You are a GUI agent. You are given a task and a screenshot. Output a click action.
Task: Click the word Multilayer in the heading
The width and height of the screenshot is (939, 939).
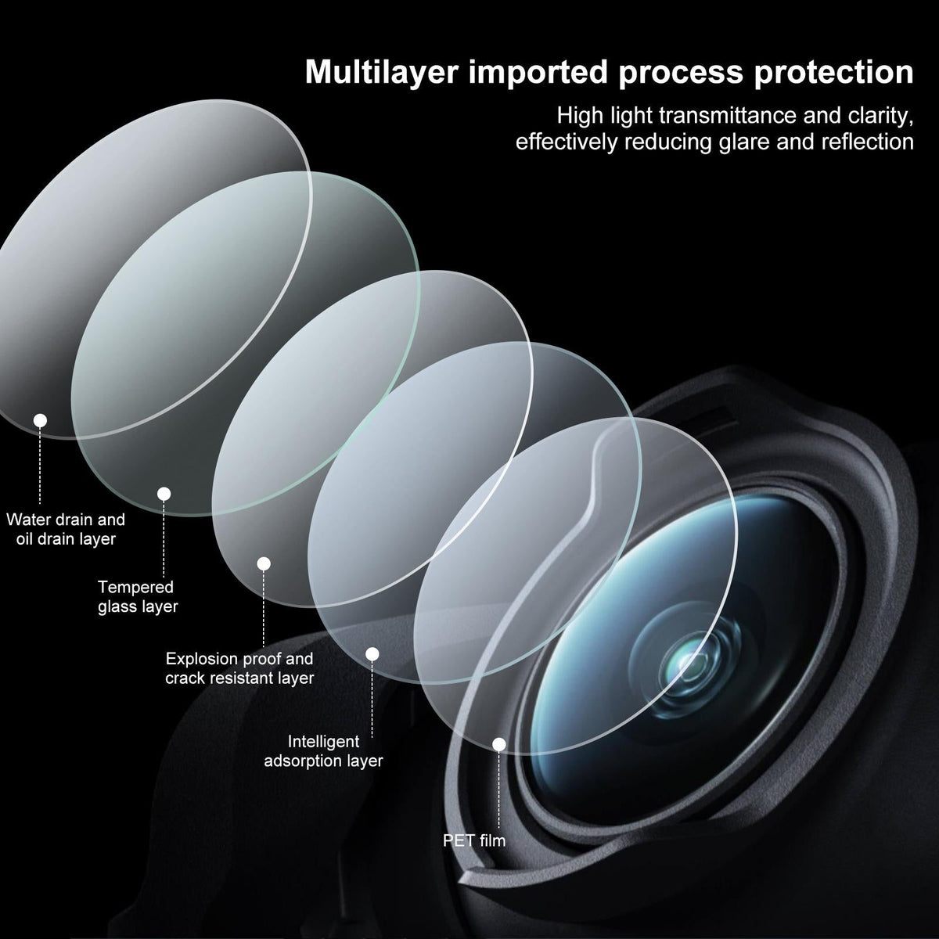[382, 73]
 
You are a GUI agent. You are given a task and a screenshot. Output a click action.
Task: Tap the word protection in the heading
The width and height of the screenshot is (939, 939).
[833, 73]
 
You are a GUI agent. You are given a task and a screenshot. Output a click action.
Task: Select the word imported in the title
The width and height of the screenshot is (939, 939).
[538, 73]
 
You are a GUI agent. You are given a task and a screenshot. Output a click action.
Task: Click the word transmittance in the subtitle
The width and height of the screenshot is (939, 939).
[728, 116]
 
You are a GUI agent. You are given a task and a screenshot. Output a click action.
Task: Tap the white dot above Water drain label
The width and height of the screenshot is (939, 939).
[40, 420]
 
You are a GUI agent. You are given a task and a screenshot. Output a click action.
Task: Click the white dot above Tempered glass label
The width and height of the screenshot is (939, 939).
[164, 494]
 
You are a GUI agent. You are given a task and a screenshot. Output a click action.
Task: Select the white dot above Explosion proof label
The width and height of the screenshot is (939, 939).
[264, 563]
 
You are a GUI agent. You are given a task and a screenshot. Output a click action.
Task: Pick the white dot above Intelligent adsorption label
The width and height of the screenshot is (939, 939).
[372, 654]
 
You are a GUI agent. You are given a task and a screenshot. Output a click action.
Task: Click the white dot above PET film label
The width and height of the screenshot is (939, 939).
[499, 744]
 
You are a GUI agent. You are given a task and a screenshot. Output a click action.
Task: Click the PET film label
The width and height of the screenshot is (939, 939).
[474, 840]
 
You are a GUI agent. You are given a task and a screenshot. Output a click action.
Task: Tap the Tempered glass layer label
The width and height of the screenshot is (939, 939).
[138, 596]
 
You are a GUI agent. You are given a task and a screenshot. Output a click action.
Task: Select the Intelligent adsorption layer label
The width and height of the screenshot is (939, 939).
[323, 751]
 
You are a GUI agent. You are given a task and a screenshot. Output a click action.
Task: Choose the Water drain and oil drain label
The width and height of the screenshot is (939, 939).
[66, 529]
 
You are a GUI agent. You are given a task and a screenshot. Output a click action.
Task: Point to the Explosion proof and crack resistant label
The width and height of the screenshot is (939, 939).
[239, 668]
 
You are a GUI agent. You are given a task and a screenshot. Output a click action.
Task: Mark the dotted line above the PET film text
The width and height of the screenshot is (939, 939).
[499, 789]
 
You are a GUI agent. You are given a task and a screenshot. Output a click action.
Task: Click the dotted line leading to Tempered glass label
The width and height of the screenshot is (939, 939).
[164, 538]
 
